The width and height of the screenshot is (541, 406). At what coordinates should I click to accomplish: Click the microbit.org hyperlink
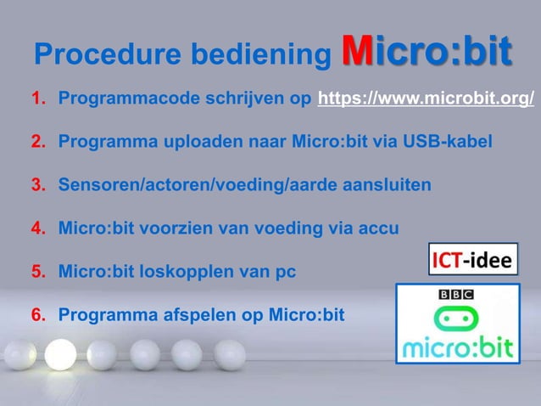pos(426,99)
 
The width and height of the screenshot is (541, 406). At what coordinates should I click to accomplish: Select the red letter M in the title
pos(356,50)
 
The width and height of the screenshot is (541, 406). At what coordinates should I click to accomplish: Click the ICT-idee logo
pos(472,258)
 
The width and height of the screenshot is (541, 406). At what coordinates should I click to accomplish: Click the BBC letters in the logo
pos(456,294)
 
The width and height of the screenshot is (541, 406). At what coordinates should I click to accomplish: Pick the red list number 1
pos(37,99)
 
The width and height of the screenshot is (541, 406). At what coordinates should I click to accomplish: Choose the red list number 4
pos(37,228)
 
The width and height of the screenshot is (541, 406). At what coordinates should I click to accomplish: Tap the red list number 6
pos(37,316)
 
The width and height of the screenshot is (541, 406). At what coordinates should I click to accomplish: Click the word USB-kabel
pos(455,141)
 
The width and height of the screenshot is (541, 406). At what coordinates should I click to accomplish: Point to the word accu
pos(380,228)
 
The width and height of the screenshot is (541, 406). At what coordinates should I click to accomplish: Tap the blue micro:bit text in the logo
pos(457,347)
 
